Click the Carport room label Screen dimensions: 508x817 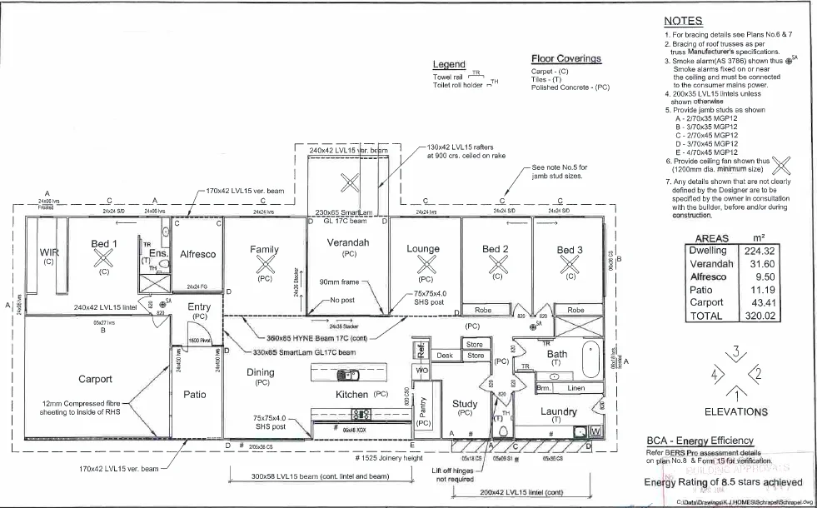95,379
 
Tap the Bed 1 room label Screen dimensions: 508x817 104,244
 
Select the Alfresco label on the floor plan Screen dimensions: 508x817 198,254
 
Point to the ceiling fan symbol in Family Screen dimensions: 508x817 264,264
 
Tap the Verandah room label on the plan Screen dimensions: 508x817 349,242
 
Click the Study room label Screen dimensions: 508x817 465,404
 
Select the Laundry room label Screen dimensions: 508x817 559,411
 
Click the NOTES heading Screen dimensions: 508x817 683,21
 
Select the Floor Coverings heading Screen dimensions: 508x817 565,58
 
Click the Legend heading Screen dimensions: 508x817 449,65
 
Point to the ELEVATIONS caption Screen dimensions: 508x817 735,411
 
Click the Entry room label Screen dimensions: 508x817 199,306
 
